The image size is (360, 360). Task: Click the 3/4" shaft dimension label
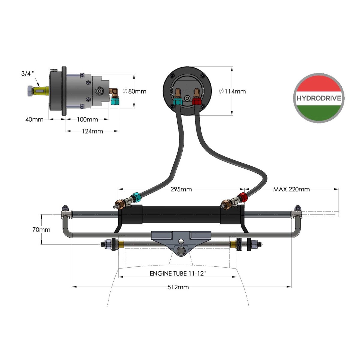coord(28,73)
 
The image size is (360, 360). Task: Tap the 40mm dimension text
coord(34,119)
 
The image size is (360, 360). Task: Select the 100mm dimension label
coord(87,119)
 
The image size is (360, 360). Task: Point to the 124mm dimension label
coord(92,131)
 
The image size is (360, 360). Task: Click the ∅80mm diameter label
coord(134,91)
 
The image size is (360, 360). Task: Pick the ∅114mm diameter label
coord(232,91)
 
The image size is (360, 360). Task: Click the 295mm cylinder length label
coord(181,189)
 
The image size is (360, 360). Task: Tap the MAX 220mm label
coord(291,189)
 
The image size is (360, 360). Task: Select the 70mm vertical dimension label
coord(41,229)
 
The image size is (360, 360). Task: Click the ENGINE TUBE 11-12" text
coord(178,274)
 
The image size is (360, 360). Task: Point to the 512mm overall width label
coord(178,287)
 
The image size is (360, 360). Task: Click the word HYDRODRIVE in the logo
coord(319,98)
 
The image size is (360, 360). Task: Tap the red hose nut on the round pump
coord(196,102)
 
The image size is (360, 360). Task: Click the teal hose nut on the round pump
coord(178,102)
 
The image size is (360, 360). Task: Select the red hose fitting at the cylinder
coord(243,197)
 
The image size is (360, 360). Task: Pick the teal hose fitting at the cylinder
coord(136,197)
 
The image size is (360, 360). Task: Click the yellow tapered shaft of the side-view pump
coord(41,91)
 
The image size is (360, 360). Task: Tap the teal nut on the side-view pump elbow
coord(114,102)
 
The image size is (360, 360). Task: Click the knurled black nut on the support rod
coord(239,244)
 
